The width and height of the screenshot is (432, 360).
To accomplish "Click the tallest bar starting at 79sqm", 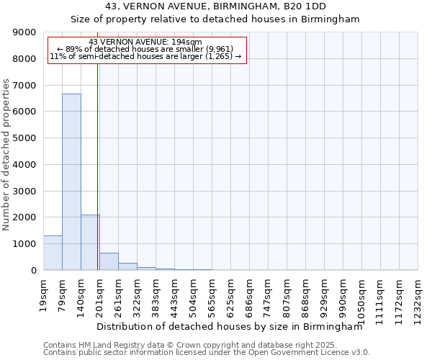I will (x=71, y=181).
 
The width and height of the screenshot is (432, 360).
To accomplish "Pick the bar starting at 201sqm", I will (x=109, y=261).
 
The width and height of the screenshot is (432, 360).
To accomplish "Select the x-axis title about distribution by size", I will (x=229, y=326).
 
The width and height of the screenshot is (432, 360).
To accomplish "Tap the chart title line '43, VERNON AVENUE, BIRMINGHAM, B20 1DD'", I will (x=215, y=6).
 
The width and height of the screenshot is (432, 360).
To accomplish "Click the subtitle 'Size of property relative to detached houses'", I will (x=215, y=19).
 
